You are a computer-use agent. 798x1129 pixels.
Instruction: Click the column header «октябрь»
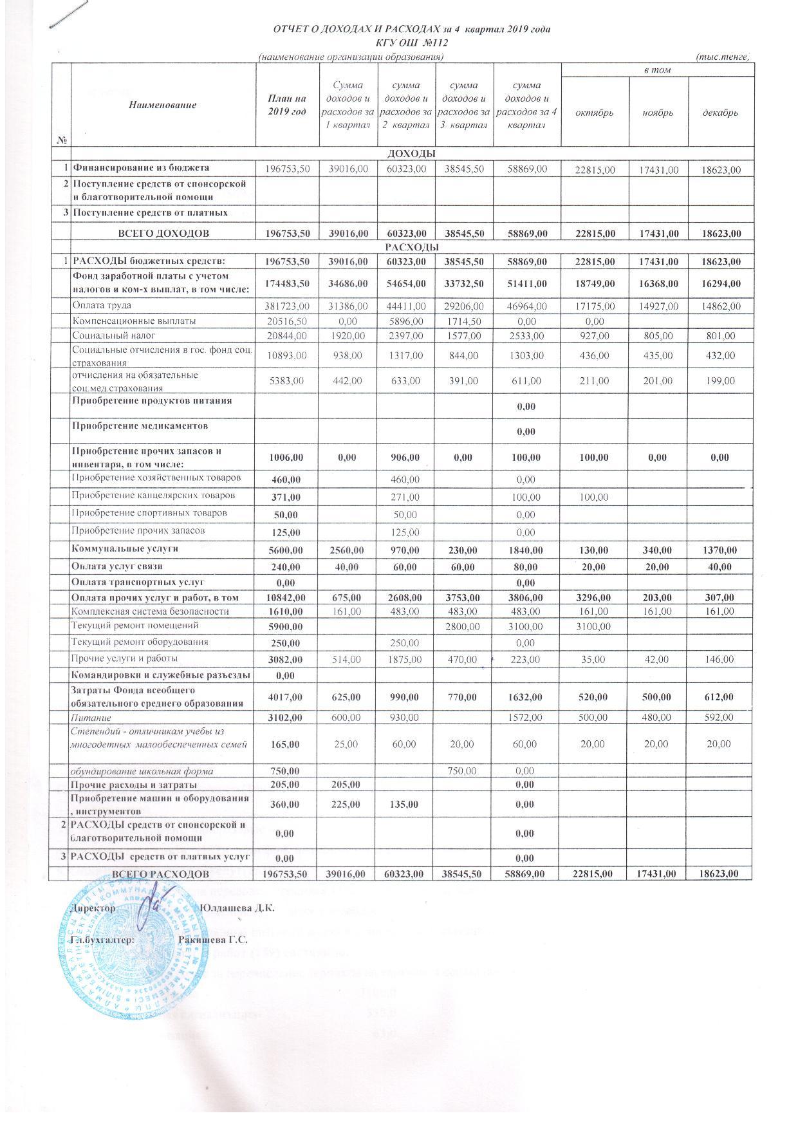point(595,113)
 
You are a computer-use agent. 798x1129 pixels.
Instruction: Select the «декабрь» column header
point(720,113)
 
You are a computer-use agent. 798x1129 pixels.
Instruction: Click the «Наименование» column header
point(163,105)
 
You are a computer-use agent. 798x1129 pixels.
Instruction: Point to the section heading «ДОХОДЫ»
point(410,154)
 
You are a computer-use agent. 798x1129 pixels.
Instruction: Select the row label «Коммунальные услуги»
point(125,549)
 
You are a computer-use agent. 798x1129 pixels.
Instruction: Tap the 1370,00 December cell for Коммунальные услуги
point(720,550)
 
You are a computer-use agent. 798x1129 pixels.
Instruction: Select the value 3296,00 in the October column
point(595,598)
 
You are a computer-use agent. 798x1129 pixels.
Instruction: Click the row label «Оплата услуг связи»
point(116,566)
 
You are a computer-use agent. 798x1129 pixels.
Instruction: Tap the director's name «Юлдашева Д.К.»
point(237,908)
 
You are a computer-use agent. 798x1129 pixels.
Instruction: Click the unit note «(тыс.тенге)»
point(723,57)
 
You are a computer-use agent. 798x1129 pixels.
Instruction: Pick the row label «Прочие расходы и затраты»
point(134,785)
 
